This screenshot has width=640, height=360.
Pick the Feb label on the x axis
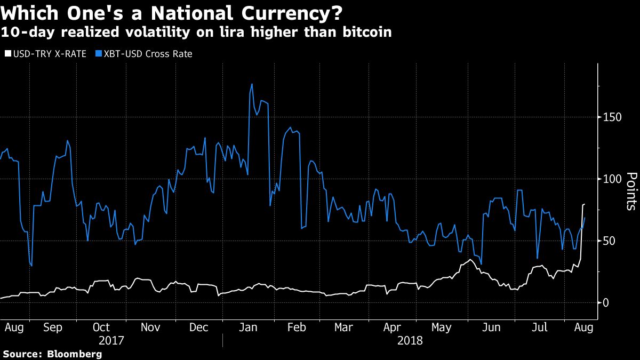coord(297,326)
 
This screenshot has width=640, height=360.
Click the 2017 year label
coord(112,340)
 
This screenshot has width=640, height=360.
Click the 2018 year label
coord(409,340)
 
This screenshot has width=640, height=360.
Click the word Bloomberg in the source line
coord(75,354)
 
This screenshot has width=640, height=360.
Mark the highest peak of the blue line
coord(252,84)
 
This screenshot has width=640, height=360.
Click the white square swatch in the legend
coord(7,54)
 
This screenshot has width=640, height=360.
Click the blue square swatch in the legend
coord(99,54)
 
